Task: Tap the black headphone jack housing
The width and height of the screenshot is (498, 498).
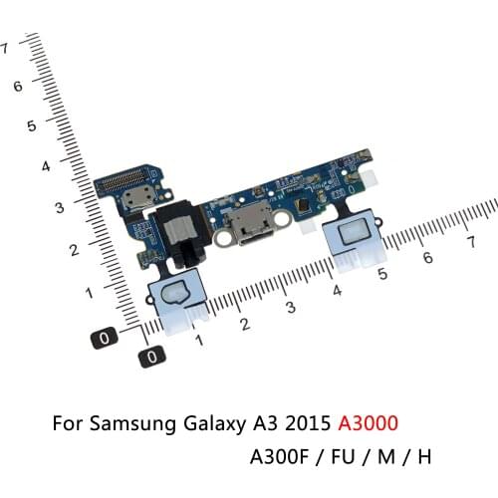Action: pyautogui.click(x=174, y=236)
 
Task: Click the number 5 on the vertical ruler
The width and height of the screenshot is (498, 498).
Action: pyautogui.click(x=32, y=126)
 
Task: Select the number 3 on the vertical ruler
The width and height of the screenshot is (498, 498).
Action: pyautogui.click(x=59, y=208)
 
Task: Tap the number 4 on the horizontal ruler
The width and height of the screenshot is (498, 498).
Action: pyautogui.click(x=337, y=291)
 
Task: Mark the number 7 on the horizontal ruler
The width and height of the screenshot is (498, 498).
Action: pyautogui.click(x=469, y=242)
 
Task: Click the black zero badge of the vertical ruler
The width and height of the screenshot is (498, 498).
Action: pyautogui.click(x=105, y=338)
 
